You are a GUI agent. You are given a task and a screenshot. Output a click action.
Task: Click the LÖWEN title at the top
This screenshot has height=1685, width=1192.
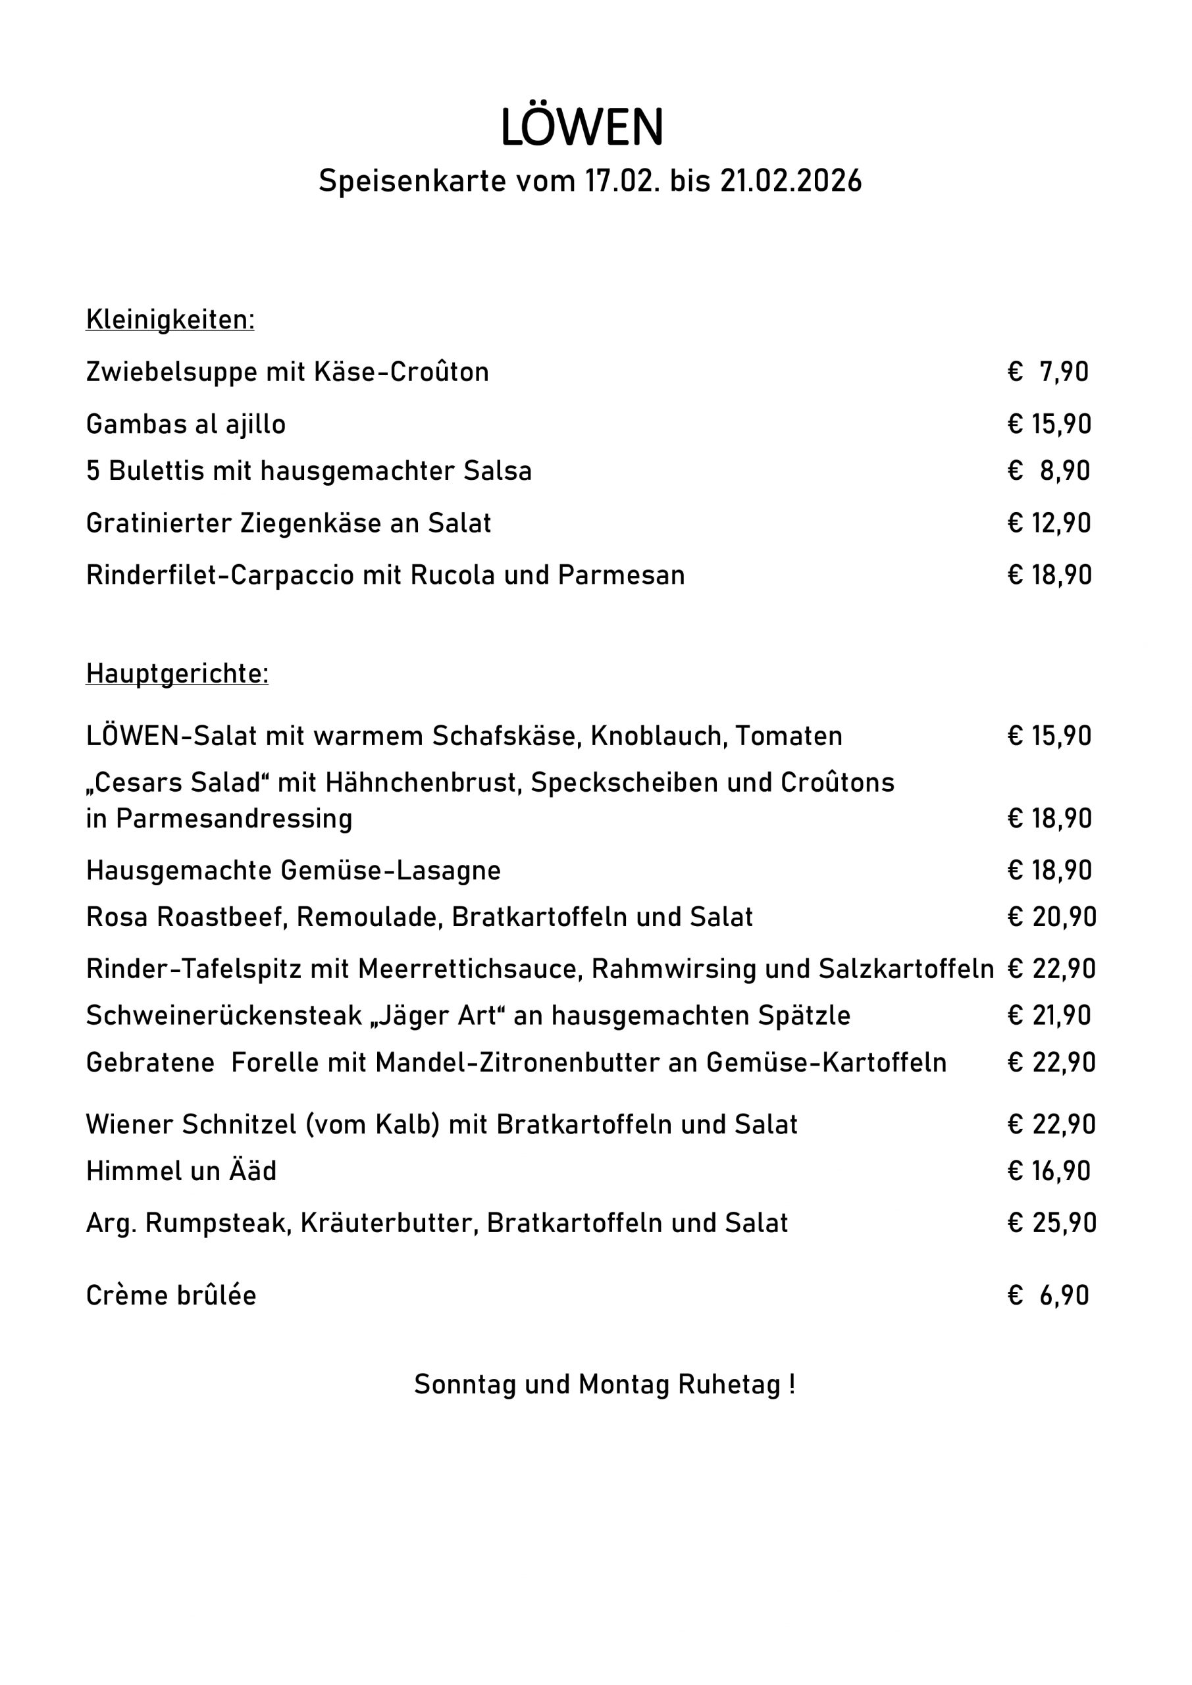(581, 128)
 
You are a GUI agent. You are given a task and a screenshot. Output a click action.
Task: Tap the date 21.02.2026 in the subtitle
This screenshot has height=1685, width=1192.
(790, 180)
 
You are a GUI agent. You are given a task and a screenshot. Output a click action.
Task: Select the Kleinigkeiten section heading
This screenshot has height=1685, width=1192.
(170, 320)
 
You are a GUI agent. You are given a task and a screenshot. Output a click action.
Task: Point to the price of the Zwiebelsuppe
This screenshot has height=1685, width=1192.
(1049, 372)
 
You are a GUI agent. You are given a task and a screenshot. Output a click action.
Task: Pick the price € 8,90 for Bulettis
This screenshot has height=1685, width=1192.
(1049, 471)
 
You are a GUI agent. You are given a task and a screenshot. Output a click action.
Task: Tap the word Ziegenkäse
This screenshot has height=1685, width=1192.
(311, 523)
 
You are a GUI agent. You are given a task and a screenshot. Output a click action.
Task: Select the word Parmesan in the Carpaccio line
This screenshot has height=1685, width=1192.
(621, 575)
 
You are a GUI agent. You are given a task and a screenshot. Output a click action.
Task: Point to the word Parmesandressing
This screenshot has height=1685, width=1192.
(234, 819)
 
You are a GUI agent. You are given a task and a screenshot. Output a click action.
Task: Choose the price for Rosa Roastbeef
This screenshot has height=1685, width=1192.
(1052, 918)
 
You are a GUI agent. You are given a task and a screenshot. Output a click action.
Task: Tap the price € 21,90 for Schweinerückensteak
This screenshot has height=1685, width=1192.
(1050, 1016)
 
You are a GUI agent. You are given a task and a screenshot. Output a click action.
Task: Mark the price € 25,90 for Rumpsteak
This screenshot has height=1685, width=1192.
(1052, 1224)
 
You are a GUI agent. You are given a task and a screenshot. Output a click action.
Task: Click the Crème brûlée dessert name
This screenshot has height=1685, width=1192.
(171, 1295)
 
